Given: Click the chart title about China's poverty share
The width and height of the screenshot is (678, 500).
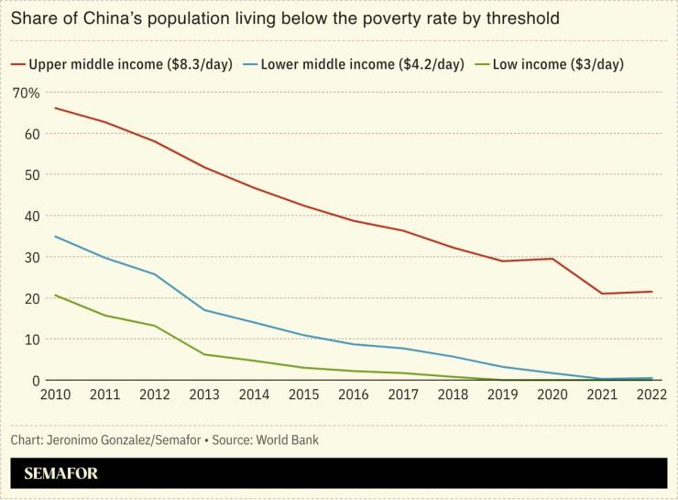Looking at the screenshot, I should click(x=285, y=17).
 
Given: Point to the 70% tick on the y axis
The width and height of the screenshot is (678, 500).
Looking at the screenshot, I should click(x=26, y=93).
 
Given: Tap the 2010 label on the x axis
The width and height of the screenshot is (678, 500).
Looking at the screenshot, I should click(x=55, y=395).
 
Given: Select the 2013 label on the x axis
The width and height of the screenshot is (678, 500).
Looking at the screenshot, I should click(x=204, y=395).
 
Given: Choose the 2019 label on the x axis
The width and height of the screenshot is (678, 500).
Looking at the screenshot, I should click(x=502, y=395).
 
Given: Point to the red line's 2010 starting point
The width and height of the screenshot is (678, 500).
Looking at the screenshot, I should click(x=55, y=108).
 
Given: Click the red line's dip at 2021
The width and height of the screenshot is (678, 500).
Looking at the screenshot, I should click(x=601, y=294).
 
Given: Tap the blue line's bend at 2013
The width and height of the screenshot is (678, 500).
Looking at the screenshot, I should click(x=204, y=310).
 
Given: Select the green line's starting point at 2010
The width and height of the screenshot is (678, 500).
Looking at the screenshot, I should click(x=55, y=295).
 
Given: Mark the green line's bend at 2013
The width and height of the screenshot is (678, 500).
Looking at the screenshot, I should click(x=204, y=354).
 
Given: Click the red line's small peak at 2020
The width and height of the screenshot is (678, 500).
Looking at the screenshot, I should click(x=552, y=259).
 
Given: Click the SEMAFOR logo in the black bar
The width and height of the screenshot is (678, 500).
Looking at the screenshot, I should click(x=60, y=473).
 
